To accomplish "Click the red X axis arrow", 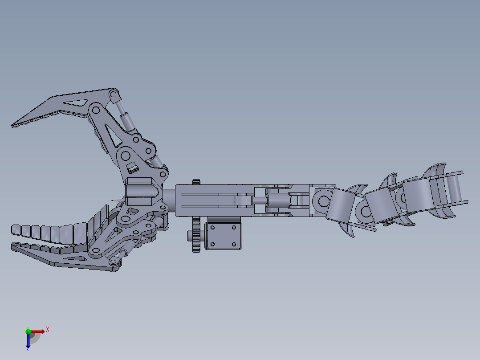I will [x=39, y=331].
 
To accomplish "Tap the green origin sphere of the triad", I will [x=28, y=331].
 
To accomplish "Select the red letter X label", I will [x=48, y=329].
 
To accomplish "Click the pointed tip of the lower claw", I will [x=12, y=245].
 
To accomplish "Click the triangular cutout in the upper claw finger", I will [x=77, y=103].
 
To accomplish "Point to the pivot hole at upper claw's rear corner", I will [x=114, y=95].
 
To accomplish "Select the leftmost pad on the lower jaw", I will [x=16, y=230].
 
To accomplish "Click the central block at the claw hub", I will [x=140, y=192].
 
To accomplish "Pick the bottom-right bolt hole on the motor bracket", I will [x=233, y=244].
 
